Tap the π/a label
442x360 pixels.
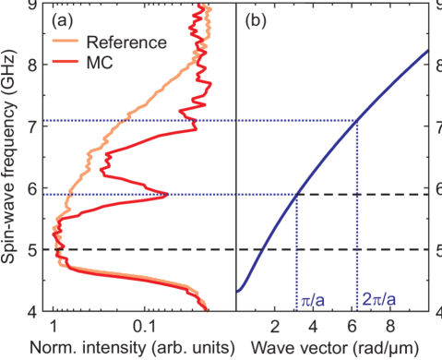310,301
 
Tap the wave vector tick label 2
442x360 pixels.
274,326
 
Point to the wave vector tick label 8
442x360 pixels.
388,326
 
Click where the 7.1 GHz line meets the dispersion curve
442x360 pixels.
357,121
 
